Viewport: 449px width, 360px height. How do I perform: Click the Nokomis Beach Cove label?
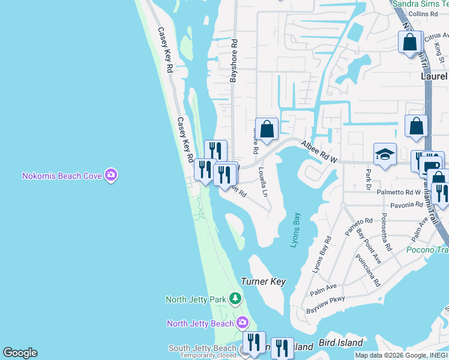[x=62, y=176]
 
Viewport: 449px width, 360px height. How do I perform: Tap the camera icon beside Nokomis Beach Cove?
[x=110, y=176]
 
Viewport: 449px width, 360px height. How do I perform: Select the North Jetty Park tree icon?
[x=236, y=298]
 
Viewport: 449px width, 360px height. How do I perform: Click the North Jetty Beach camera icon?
[x=242, y=323]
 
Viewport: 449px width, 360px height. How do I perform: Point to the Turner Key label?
[x=263, y=281]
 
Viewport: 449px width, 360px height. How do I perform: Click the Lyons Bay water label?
[x=295, y=230]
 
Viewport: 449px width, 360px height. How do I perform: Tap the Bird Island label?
[x=341, y=343]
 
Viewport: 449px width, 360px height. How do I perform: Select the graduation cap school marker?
[x=385, y=155]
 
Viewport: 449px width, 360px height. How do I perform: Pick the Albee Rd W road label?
[x=319, y=152]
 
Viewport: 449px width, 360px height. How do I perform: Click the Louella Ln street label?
[x=262, y=182]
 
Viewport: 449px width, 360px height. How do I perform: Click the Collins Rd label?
[x=424, y=13]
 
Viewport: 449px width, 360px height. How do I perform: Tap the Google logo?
[x=20, y=353]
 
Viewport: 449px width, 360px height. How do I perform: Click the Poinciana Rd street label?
[x=369, y=269]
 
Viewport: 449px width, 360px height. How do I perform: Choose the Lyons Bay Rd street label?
[x=322, y=255]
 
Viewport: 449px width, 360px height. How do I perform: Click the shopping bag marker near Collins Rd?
[x=410, y=43]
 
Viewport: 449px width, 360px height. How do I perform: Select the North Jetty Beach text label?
[x=200, y=323]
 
